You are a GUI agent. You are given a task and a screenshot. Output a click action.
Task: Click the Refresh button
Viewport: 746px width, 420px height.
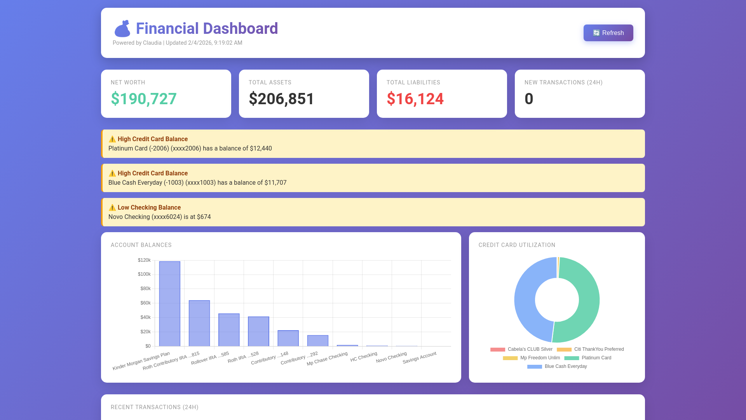tap(608, 33)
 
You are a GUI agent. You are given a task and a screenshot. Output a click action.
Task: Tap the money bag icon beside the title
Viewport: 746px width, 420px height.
tap(122, 29)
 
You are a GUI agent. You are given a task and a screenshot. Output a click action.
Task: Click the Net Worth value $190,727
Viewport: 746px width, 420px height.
tap(144, 99)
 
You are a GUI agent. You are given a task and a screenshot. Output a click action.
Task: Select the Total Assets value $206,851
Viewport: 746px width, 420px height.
tap(281, 99)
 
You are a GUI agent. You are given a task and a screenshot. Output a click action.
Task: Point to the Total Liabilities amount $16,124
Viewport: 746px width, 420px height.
tap(415, 99)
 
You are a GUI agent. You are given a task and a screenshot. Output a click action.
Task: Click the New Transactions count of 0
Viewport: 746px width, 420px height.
tap(529, 99)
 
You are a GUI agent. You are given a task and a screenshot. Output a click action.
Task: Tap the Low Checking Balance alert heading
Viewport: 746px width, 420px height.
tap(149, 208)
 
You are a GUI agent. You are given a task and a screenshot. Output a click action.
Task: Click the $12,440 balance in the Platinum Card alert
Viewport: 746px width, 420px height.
tap(261, 149)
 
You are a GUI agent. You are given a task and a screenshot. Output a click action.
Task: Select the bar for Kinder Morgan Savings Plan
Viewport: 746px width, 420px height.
tap(170, 303)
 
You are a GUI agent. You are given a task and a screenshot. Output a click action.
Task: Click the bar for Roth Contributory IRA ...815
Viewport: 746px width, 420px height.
tap(199, 323)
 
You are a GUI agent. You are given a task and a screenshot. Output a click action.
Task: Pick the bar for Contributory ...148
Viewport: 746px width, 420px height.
tap(288, 338)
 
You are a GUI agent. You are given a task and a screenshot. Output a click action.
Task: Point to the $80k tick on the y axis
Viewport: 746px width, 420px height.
tap(145, 289)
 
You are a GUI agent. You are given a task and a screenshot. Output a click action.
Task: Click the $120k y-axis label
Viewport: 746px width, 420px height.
tap(144, 260)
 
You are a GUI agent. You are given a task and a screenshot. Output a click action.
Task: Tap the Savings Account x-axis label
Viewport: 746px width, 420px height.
tap(420, 357)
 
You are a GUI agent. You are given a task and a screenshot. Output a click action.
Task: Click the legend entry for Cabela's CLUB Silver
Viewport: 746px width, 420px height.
tap(530, 349)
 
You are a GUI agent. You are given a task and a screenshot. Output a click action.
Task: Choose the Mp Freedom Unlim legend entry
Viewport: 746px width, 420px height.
tap(540, 358)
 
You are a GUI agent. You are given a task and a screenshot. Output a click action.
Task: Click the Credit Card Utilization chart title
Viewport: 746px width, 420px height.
tap(517, 245)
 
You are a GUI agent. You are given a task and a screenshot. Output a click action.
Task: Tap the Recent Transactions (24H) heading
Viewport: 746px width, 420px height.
tap(154, 407)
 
